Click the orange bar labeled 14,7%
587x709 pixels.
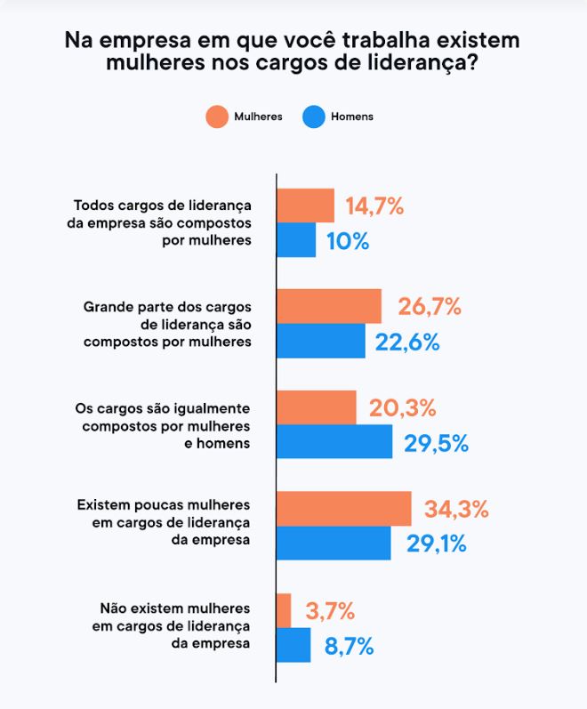[x=305, y=205]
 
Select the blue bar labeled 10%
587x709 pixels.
[x=296, y=240]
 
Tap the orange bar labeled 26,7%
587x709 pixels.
[x=329, y=306]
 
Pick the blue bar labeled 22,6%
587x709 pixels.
[x=321, y=341]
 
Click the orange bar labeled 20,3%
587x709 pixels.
[x=317, y=407]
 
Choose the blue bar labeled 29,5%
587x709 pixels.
[x=334, y=441]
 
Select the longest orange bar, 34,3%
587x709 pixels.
[x=344, y=509]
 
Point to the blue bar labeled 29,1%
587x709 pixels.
[x=334, y=543]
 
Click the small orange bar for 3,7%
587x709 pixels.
[x=284, y=610]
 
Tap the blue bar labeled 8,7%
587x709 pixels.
[x=293, y=645]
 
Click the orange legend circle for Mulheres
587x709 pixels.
[x=216, y=117]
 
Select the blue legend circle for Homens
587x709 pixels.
[x=314, y=117]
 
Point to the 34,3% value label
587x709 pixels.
[x=457, y=510]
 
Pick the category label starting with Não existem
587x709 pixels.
[x=174, y=626]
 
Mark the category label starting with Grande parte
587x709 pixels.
[x=167, y=323]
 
